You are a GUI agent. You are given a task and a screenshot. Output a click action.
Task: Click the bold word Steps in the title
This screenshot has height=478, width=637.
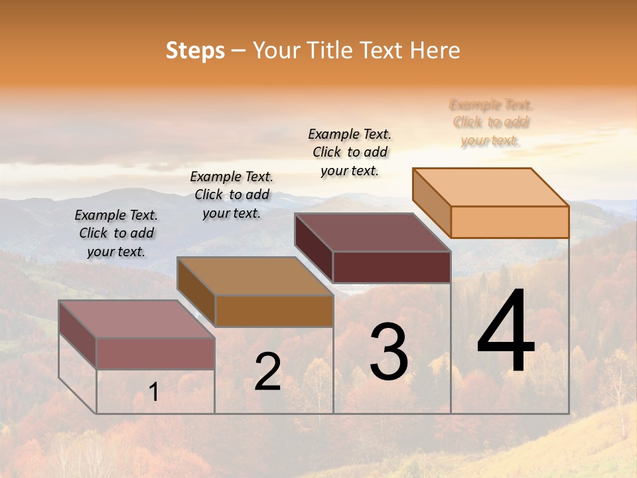195,50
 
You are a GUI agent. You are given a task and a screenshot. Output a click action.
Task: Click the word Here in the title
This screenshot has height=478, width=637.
435,50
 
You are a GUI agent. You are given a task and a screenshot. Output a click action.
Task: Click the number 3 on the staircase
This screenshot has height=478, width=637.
388,352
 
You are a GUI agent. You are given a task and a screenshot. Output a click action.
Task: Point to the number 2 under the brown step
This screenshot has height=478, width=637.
267,372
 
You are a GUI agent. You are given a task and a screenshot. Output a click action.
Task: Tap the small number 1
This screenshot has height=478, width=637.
154,392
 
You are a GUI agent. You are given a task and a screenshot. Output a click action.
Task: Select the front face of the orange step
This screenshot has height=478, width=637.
510,222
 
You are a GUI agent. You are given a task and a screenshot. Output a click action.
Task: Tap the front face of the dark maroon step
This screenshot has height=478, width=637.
391,267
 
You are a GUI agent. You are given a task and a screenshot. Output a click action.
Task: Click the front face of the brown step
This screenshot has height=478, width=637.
273,311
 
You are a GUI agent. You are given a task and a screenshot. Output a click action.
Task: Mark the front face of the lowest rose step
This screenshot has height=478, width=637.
155,353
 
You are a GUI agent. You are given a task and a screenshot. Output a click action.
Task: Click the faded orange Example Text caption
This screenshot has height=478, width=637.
491,123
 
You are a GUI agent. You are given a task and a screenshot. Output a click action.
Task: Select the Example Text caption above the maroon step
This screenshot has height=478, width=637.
350,152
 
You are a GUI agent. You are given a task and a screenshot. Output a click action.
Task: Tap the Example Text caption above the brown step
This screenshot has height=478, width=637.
232,195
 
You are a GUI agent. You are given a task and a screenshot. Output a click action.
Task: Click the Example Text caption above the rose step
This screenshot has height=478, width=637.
116,233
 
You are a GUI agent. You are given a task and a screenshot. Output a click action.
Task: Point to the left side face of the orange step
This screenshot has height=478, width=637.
431,202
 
